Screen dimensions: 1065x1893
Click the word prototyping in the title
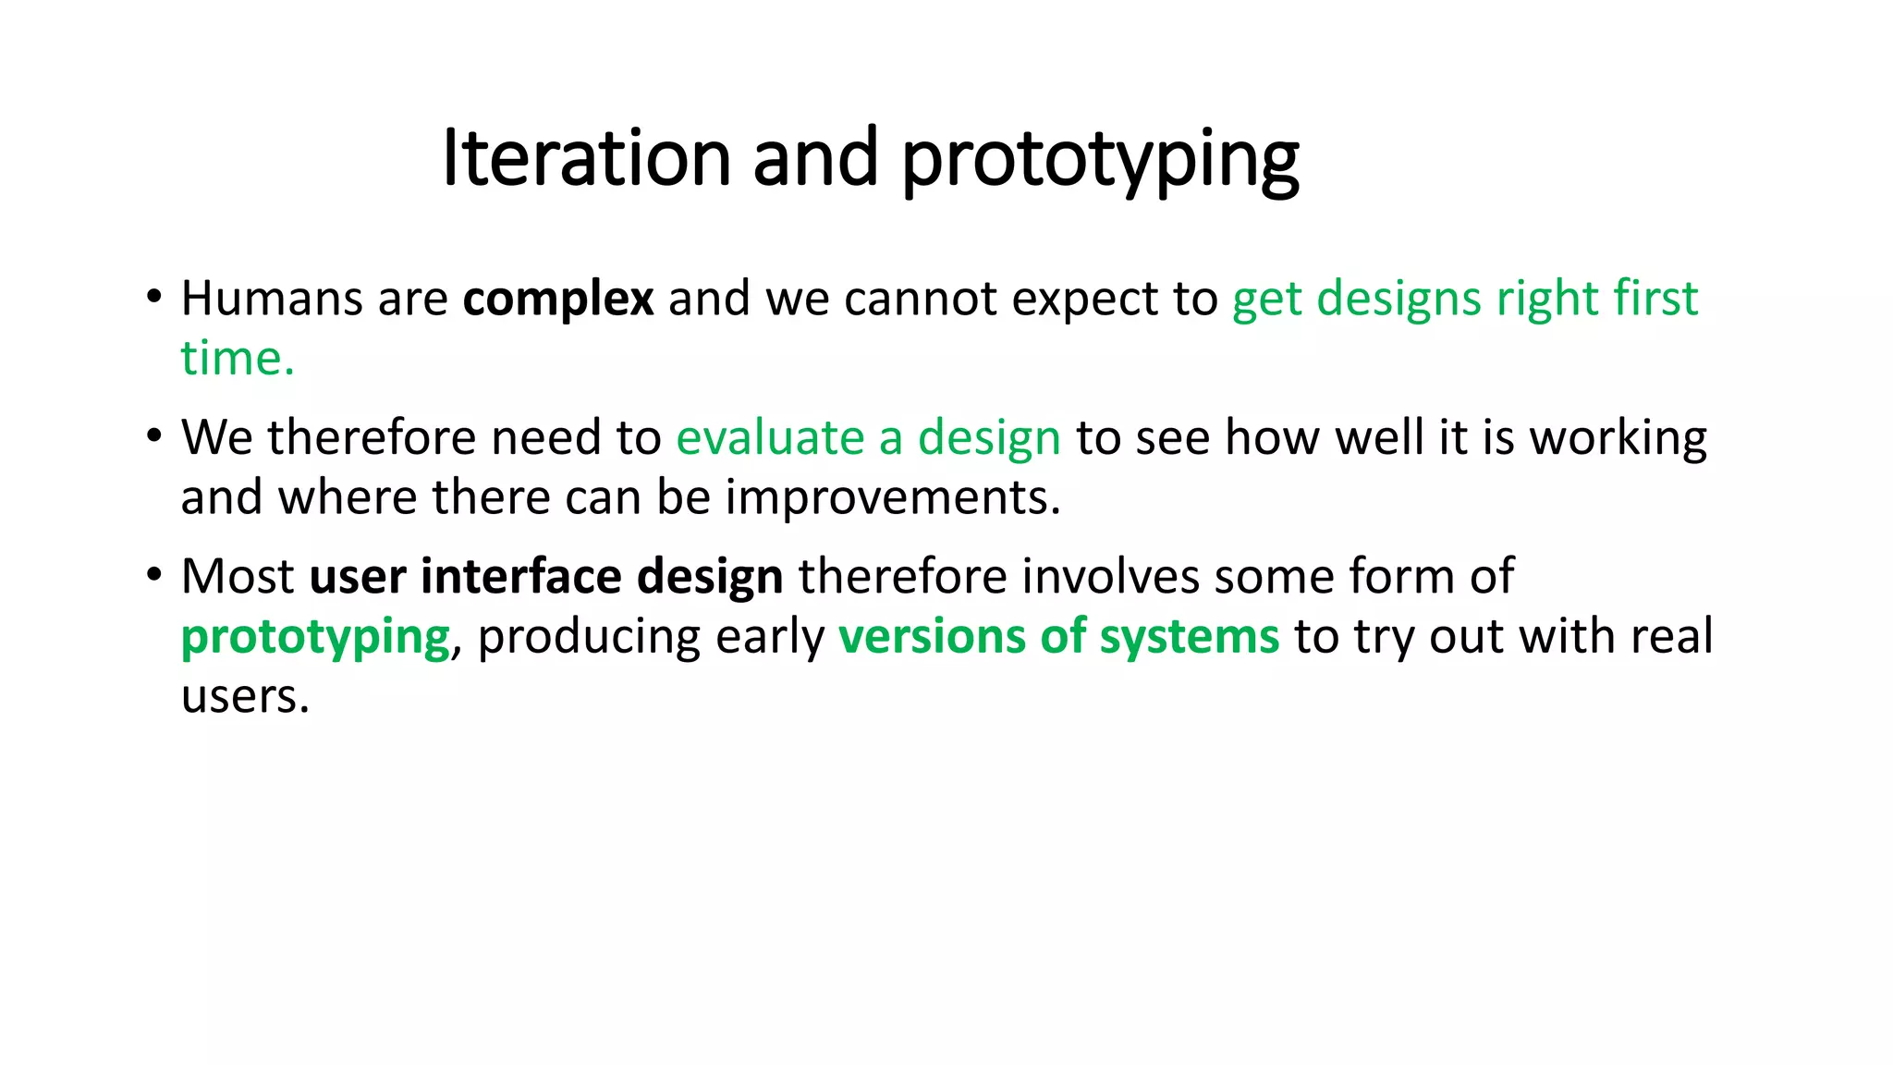click(x=1100, y=162)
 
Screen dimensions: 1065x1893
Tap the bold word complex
click(x=558, y=299)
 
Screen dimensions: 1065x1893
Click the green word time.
click(x=237, y=359)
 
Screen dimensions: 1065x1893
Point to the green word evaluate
click(x=770, y=437)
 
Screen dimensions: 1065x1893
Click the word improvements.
click(x=892, y=497)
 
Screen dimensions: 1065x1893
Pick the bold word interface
click(x=521, y=576)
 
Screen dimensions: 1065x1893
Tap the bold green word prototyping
click(x=315, y=638)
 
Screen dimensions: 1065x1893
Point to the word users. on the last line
click(x=245, y=696)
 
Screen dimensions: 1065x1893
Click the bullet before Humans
click(x=154, y=298)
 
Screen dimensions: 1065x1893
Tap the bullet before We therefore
click(x=154, y=436)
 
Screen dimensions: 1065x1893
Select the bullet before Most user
click(x=154, y=575)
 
